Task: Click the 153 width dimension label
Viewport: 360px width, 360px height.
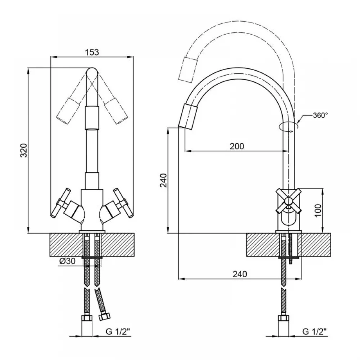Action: click(92, 52)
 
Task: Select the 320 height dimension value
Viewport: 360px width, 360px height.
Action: click(24, 150)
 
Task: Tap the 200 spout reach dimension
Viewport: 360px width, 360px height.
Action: click(237, 146)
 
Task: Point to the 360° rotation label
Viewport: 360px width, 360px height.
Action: click(320, 115)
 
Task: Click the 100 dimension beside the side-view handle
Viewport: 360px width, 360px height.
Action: click(318, 211)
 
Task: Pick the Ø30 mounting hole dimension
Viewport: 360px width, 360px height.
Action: click(67, 261)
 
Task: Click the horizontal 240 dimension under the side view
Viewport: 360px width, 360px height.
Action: click(240, 274)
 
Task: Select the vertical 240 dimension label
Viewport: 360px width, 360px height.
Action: click(163, 180)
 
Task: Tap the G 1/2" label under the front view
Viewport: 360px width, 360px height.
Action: click(118, 332)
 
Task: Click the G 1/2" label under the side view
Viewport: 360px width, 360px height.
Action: click(314, 332)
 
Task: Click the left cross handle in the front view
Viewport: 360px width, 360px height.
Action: click(61, 203)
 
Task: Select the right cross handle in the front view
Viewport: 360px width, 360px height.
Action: click(123, 203)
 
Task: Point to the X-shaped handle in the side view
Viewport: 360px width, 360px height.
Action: click(288, 201)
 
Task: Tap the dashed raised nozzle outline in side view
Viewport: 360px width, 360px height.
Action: click(188, 69)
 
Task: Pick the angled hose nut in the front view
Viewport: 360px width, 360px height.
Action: click(104, 317)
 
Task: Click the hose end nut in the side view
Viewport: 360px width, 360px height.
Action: click(283, 319)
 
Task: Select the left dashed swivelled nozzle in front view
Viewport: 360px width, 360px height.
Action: click(68, 111)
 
